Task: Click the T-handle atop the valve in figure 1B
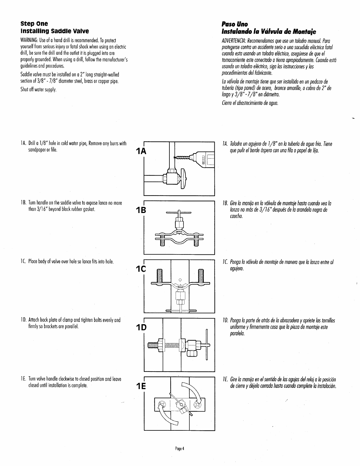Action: tap(179, 212)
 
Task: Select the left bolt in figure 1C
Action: tap(159, 276)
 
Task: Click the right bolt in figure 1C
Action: tap(201, 276)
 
